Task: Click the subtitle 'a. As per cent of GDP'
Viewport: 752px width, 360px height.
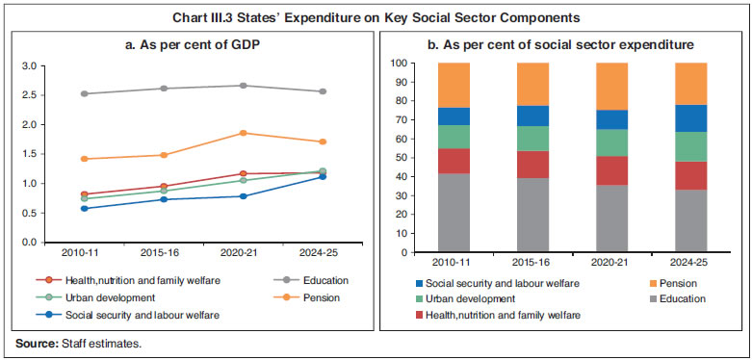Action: [193, 44]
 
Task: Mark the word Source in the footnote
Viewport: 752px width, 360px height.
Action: [32, 342]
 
